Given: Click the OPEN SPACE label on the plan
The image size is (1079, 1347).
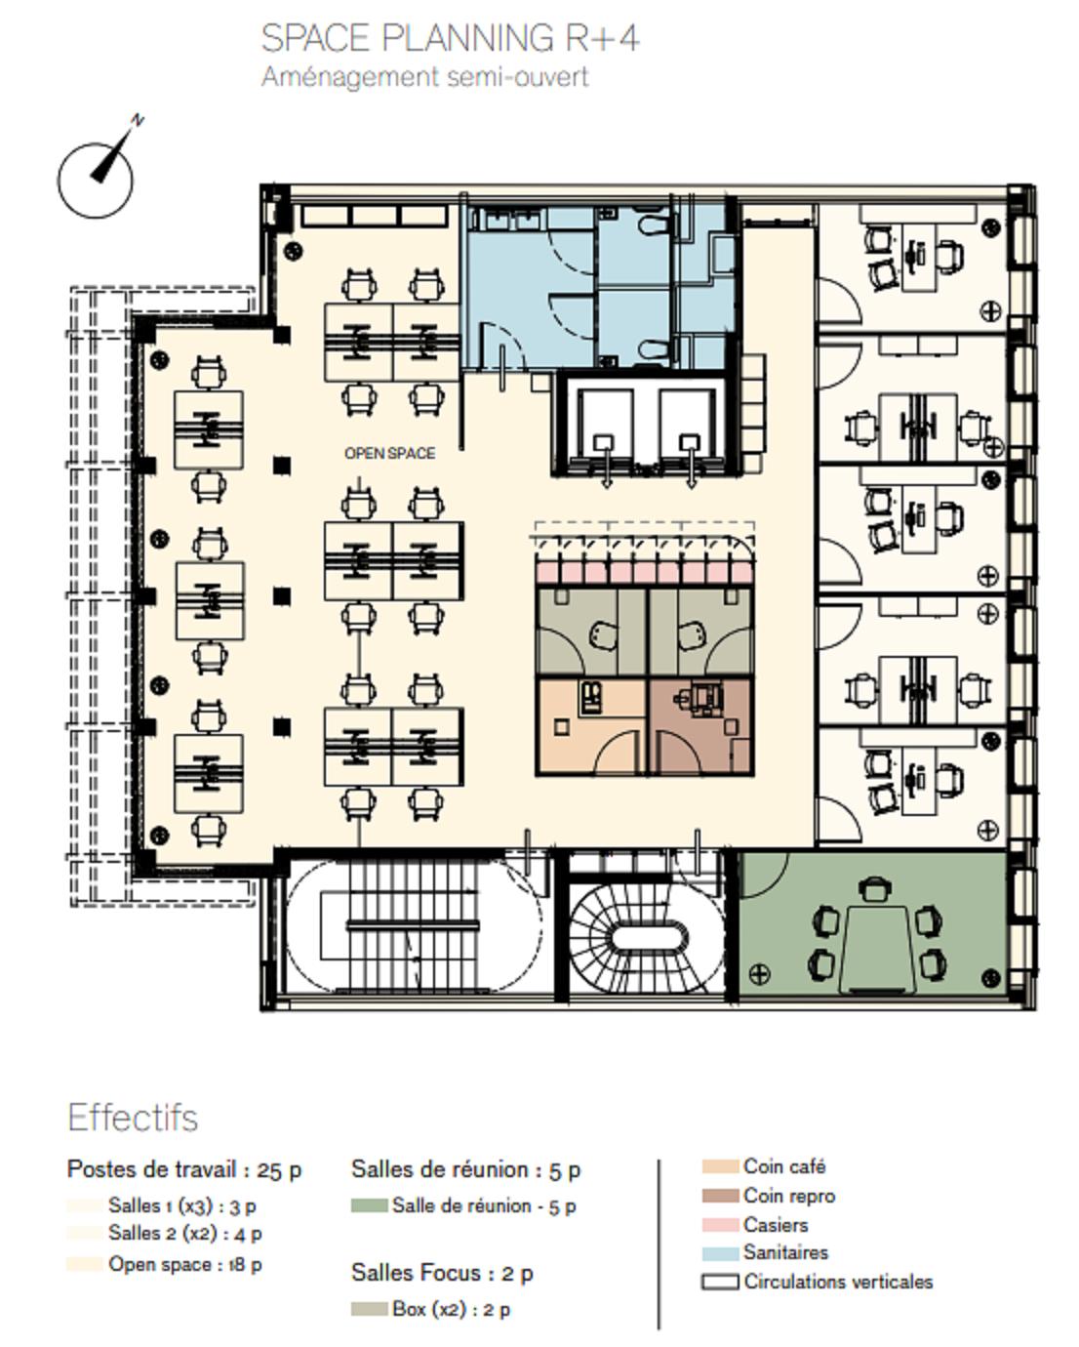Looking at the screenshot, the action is pyautogui.click(x=389, y=453).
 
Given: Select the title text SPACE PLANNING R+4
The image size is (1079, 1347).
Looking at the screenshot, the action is pyautogui.click(x=450, y=38).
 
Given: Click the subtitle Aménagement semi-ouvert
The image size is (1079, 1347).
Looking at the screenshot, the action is pyautogui.click(x=424, y=77).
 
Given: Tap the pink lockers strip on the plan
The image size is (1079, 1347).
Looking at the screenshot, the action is pyautogui.click(x=644, y=571).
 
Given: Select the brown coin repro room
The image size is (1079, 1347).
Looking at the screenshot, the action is pyautogui.click(x=700, y=727).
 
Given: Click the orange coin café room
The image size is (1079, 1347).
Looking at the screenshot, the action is pyautogui.click(x=592, y=727).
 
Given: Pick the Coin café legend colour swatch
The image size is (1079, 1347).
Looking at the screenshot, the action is pyautogui.click(x=720, y=1166).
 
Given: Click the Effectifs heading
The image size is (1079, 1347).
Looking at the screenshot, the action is pyautogui.click(x=133, y=1118).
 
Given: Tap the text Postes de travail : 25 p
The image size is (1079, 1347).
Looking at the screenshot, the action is pyautogui.click(x=184, y=1169).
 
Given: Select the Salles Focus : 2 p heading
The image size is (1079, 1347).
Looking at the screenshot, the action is pyautogui.click(x=442, y=1273).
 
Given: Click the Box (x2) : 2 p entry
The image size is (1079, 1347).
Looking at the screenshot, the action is pyautogui.click(x=451, y=1309).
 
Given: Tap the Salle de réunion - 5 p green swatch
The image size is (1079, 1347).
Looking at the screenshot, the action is pyautogui.click(x=369, y=1204).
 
